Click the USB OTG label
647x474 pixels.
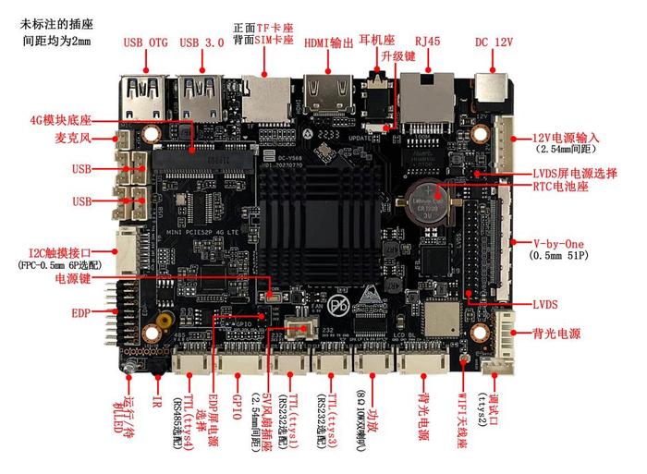point(145,42)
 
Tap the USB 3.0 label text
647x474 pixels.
point(202,42)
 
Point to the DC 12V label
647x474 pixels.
point(494,42)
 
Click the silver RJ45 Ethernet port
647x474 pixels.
point(427,93)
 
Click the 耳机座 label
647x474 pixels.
point(376,42)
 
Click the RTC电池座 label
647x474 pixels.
point(563,185)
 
